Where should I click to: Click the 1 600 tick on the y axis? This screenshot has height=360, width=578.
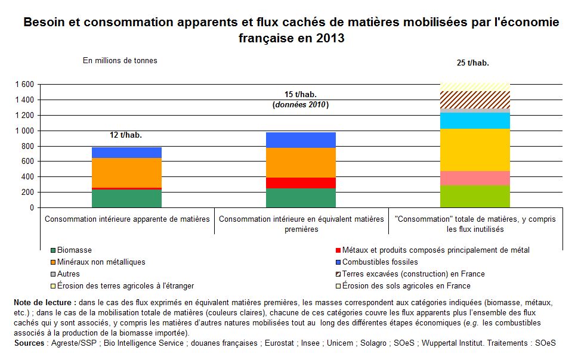[24, 85]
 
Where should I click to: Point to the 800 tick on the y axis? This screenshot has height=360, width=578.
[27, 146]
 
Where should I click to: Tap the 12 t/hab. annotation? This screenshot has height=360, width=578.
[126, 135]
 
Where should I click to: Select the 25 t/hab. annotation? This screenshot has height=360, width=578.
[473, 63]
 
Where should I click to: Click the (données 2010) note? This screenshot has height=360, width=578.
[301, 105]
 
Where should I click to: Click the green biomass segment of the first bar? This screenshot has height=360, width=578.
[126, 198]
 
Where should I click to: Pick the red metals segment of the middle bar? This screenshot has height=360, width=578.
[301, 183]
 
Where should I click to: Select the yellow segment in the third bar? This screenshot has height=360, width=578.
[475, 150]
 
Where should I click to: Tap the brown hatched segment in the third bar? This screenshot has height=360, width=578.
[475, 100]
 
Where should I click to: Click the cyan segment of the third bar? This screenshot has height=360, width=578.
[475, 121]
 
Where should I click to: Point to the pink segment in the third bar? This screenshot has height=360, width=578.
[475, 178]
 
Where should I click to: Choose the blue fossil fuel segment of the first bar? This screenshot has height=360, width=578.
[126, 153]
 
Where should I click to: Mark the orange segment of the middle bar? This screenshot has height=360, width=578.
[301, 163]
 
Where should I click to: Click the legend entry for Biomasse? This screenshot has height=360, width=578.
[71, 250]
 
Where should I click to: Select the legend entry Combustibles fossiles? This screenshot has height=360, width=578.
[377, 262]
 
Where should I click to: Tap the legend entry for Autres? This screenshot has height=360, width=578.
[65, 274]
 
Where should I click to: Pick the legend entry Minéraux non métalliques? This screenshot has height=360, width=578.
[98, 262]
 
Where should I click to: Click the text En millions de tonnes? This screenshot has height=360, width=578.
[120, 60]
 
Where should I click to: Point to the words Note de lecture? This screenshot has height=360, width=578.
[42, 303]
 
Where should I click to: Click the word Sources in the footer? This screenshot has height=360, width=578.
[29, 343]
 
